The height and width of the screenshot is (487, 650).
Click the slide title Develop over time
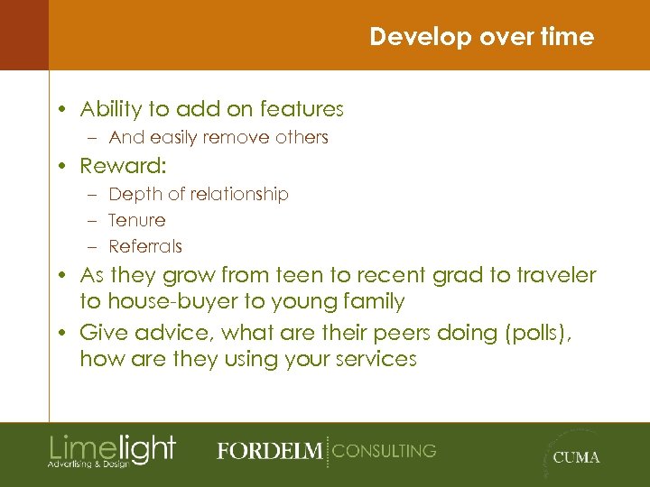coord(481,37)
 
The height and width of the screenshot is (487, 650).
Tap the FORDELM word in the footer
coord(268,451)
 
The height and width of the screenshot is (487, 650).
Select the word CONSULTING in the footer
coord(384,450)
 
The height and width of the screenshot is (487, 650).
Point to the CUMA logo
coord(575,456)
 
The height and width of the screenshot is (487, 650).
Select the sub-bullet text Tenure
coord(136,220)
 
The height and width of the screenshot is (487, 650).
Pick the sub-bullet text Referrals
coord(144,246)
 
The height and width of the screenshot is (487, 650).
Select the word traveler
coord(558,274)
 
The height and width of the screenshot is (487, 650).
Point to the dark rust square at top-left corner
coord(23,35)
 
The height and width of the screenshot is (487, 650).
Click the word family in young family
coord(369,301)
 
